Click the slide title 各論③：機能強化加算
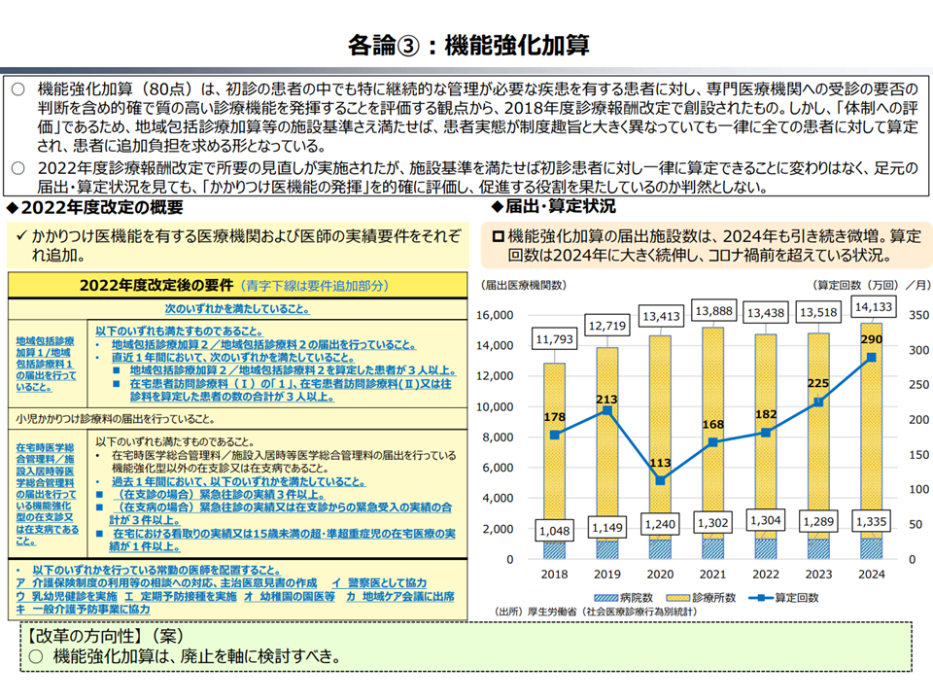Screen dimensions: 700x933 coord(467,46)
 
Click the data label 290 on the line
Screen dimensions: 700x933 coord(872,340)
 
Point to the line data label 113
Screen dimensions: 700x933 coord(661,462)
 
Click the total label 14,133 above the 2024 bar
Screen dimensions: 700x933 coord(872,307)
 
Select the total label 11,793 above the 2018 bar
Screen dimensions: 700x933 coord(554,339)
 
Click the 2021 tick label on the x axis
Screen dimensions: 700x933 coord(713,574)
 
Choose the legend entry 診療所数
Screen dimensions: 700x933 coord(716,597)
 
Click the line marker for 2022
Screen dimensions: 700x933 coord(767,432)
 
